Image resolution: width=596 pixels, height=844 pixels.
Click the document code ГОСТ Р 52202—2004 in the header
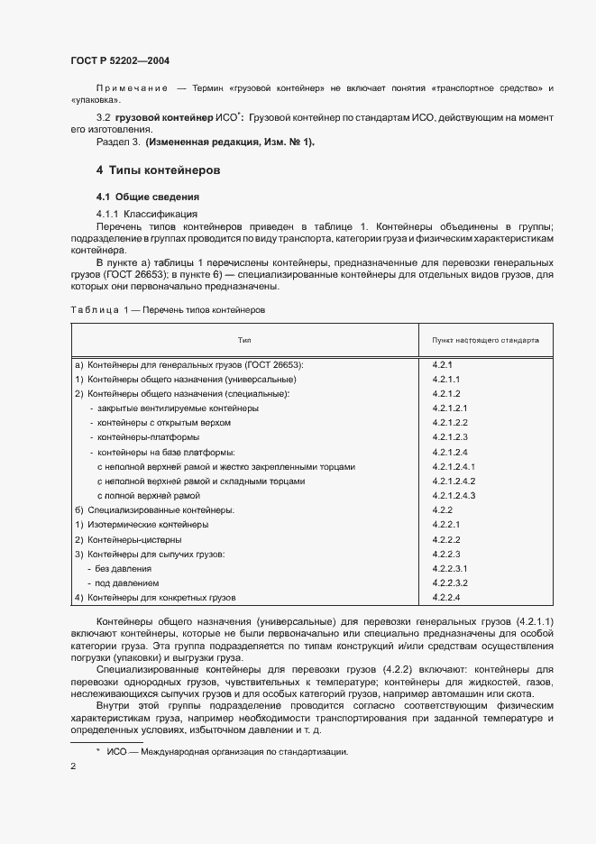[x=120, y=61]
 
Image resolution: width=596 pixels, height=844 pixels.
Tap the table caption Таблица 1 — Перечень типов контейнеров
[x=168, y=309]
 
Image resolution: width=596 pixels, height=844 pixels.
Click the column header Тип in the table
[x=244, y=342]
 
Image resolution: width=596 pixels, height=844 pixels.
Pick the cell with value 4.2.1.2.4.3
[x=454, y=496]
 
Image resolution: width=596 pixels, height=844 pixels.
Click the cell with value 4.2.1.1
[x=446, y=380]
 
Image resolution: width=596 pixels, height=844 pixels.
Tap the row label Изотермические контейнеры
[x=142, y=525]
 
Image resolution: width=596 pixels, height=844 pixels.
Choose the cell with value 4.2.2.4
[x=446, y=598]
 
